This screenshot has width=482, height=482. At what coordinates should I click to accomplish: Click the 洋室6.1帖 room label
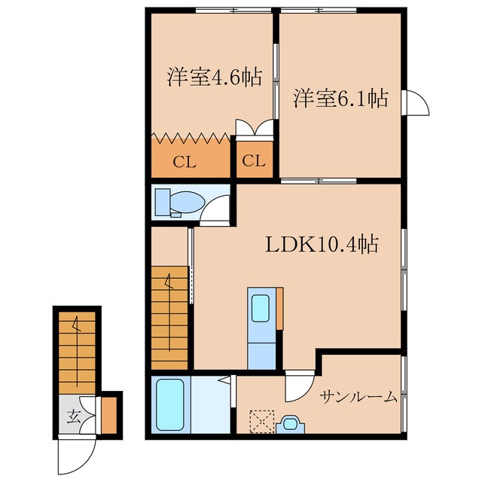[x=340, y=99]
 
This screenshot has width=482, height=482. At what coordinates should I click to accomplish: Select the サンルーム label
[x=358, y=397]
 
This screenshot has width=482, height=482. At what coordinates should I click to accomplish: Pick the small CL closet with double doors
[x=253, y=160]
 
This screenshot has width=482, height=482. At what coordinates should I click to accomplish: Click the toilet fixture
[x=179, y=202]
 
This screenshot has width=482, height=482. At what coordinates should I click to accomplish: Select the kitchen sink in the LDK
[x=261, y=308]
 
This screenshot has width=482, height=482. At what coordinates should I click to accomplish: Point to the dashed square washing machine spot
[x=261, y=420]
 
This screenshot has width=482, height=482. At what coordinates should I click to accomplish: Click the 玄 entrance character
[x=73, y=416]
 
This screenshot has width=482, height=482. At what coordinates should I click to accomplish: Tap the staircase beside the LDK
[x=169, y=316]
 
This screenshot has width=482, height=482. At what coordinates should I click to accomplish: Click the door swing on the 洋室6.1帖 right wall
[x=415, y=102]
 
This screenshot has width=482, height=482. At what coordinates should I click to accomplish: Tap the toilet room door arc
[x=218, y=206]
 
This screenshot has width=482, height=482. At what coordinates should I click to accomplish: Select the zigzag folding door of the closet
[x=191, y=138]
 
